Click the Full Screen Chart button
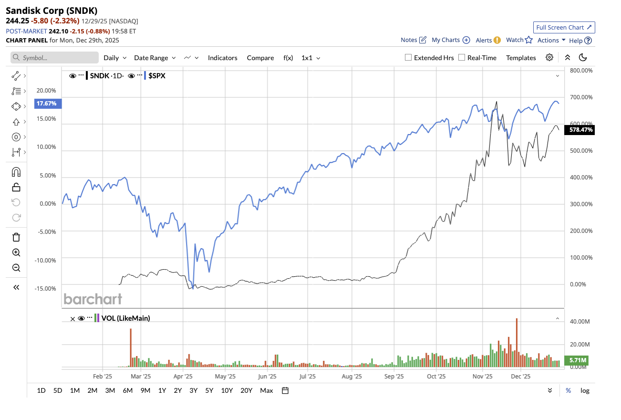(564, 27)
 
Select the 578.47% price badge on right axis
(579, 129)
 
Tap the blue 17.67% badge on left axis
(48, 103)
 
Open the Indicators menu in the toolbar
(222, 58)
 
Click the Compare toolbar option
(260, 58)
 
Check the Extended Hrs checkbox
(408, 57)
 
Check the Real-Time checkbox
(462, 57)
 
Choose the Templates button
(521, 58)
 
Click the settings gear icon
(549, 57)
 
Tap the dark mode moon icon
(582, 57)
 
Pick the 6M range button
(127, 390)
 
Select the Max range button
(266, 390)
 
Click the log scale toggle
(585, 390)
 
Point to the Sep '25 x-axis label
(393, 376)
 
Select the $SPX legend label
(157, 75)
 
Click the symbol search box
(55, 58)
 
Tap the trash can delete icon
(16, 237)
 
